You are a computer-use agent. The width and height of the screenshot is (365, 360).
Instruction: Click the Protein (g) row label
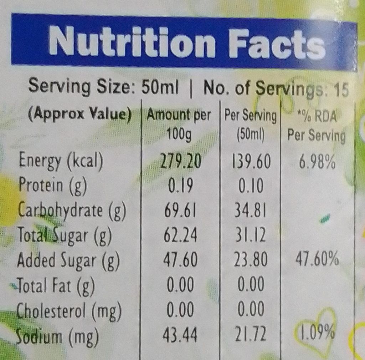[x=52, y=186]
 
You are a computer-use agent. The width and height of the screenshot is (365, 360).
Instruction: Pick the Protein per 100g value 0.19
[x=180, y=186]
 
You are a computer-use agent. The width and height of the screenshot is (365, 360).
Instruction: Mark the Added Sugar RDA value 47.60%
[x=317, y=260]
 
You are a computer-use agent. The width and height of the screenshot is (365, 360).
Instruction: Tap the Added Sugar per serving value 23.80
[x=250, y=260]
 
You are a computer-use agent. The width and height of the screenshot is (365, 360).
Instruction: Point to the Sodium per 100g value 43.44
[x=180, y=336]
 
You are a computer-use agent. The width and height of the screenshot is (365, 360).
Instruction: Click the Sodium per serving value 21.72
[x=250, y=335]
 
